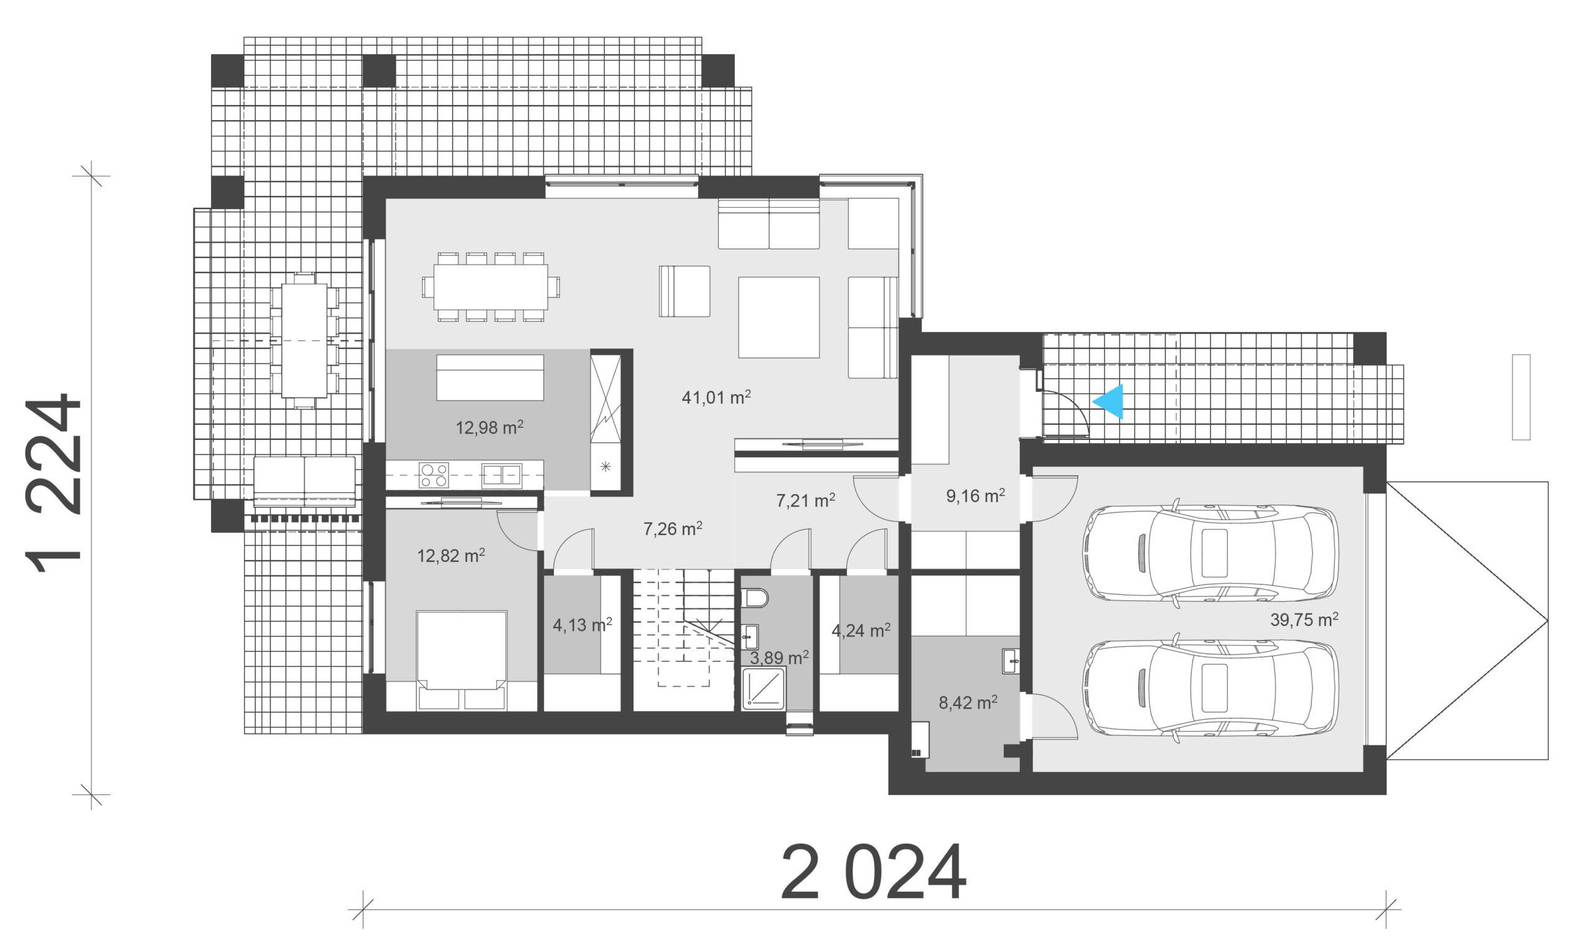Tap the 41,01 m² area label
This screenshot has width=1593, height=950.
pyautogui.click(x=716, y=397)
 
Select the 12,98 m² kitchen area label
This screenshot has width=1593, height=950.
pyautogui.click(x=489, y=427)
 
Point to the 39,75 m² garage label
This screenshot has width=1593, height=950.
pyautogui.click(x=1304, y=619)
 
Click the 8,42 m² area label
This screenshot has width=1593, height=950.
pyautogui.click(x=968, y=702)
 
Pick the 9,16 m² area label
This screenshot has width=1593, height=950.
pyautogui.click(x=975, y=495)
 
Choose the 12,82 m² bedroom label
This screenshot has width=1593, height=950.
pyautogui.click(x=451, y=555)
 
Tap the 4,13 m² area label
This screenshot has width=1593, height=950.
pyautogui.click(x=582, y=624)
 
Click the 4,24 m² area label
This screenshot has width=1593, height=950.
pyautogui.click(x=861, y=631)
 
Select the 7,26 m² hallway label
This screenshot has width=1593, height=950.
pyautogui.click(x=672, y=529)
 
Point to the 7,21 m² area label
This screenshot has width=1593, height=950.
pyautogui.click(x=805, y=501)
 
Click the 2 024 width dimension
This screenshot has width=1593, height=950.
pyautogui.click(x=873, y=872)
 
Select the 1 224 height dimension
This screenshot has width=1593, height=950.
pyautogui.click(x=54, y=483)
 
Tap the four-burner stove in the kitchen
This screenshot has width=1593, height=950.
pyautogui.click(x=434, y=476)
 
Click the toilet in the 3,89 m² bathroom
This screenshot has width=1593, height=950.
pyautogui.click(x=755, y=598)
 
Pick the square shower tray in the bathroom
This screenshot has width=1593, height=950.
pyautogui.click(x=763, y=689)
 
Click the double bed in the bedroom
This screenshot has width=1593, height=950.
pyautogui.click(x=461, y=660)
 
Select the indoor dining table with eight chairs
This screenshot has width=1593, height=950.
pyautogui.click(x=491, y=287)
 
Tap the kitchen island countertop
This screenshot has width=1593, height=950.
pyautogui.click(x=490, y=378)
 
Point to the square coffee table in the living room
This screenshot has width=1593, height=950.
pyautogui.click(x=778, y=317)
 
